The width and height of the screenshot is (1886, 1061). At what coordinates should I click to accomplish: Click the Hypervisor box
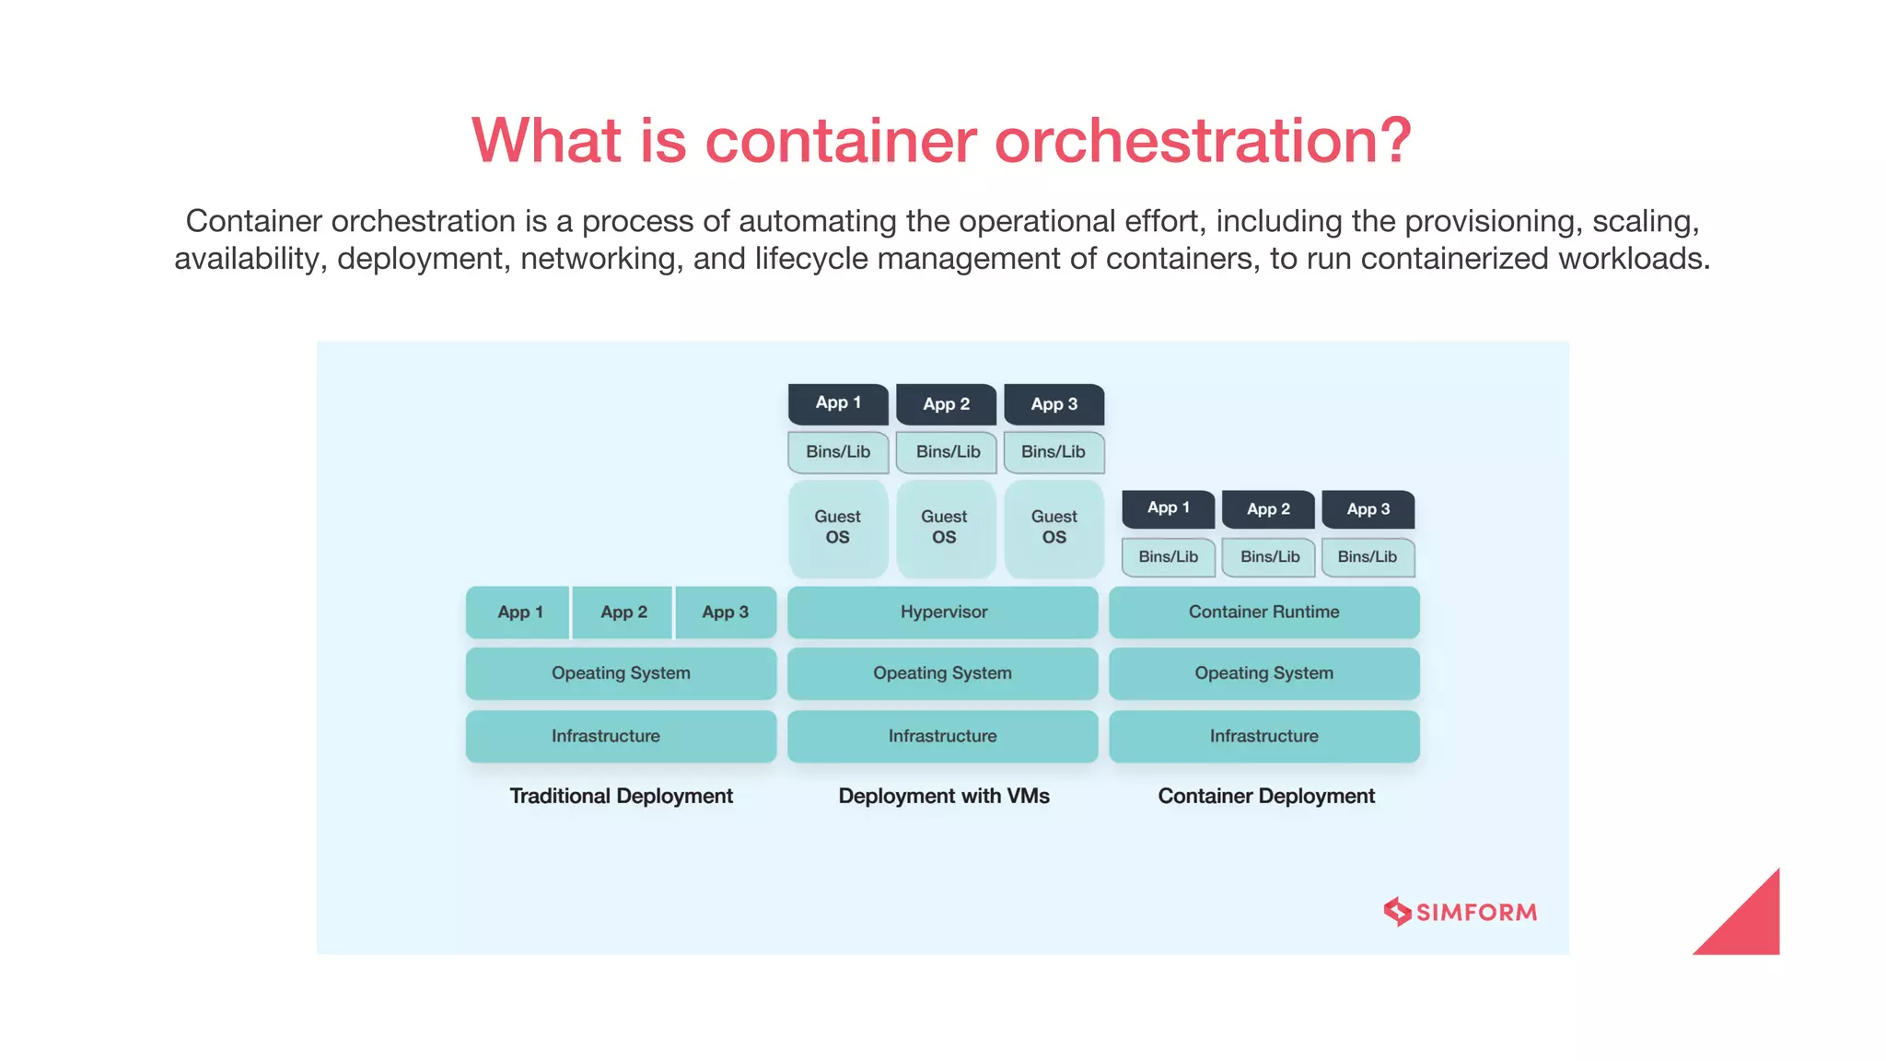942,612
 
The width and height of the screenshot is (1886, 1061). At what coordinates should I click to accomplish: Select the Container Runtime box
1263,612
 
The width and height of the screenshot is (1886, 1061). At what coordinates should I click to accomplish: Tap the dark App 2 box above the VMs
946,404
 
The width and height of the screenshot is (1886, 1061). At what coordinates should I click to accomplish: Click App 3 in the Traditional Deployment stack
726,612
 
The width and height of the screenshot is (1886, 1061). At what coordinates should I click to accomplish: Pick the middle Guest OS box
945,528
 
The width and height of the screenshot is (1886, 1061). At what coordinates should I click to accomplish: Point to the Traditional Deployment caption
621,796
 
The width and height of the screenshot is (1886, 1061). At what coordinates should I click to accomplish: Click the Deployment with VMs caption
943,796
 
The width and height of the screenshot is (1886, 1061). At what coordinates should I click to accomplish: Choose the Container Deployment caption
1265,796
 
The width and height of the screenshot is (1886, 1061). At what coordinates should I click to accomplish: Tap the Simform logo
1460,912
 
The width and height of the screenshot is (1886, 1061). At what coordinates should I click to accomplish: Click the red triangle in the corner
1750,926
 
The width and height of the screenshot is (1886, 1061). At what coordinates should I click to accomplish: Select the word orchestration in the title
1202,141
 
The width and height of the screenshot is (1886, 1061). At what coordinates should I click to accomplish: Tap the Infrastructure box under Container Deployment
1263,736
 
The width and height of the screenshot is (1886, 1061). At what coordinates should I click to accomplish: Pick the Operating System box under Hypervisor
942,673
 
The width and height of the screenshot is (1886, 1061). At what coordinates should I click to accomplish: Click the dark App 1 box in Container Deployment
1168,508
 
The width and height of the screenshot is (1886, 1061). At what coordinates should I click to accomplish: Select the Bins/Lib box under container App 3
1368,557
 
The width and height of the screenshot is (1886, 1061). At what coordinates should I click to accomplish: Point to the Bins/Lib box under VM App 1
838,452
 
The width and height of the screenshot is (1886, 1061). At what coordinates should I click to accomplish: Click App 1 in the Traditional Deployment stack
519,612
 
